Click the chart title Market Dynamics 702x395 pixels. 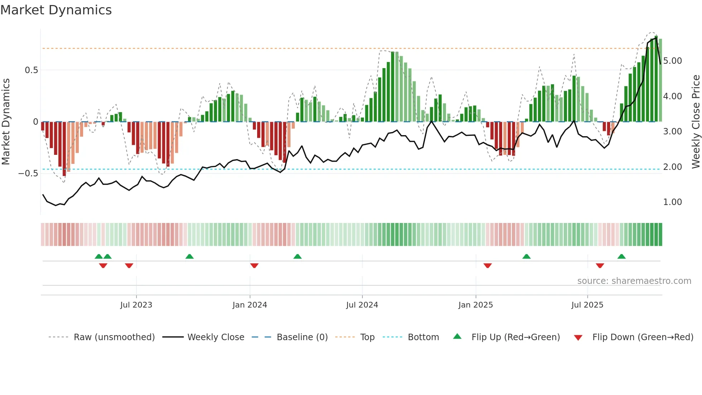point(56,10)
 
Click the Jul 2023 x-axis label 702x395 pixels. point(136,305)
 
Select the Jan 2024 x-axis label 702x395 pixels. point(250,305)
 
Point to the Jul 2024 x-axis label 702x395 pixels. point(362,305)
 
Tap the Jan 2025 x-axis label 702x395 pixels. point(475,305)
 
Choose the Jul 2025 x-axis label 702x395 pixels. point(587,305)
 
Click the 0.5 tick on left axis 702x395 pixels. point(32,70)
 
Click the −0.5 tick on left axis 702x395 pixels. point(28,173)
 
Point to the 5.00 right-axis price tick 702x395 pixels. point(672,61)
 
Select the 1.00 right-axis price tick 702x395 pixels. point(672,202)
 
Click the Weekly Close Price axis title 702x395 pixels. point(696,122)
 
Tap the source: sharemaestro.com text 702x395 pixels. point(634,281)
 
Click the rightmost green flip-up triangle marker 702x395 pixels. point(621,256)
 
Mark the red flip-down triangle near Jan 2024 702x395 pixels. point(254,266)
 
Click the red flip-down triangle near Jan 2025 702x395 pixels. point(487,266)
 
